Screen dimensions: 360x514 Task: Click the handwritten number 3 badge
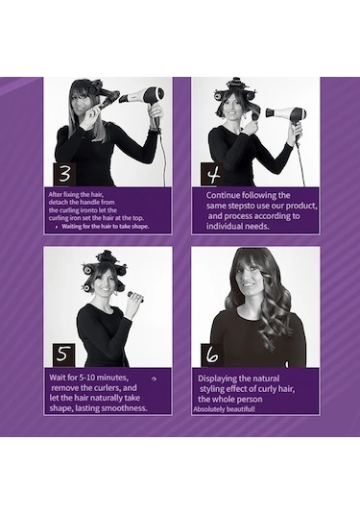[x=64, y=174]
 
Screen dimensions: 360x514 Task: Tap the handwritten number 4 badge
[x=212, y=175]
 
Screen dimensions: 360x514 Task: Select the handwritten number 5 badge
[x=63, y=355]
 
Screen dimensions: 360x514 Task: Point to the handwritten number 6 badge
[x=212, y=355]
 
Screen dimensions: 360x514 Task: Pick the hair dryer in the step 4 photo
[x=289, y=117]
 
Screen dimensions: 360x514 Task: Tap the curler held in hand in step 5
[x=136, y=295]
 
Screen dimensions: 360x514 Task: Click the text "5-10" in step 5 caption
[x=87, y=378]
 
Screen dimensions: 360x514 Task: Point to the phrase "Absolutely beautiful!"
[x=224, y=409]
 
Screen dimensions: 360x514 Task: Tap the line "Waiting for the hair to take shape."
[x=106, y=227]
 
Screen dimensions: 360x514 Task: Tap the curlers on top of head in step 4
[x=234, y=90]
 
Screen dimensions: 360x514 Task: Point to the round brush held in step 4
[x=254, y=119]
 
